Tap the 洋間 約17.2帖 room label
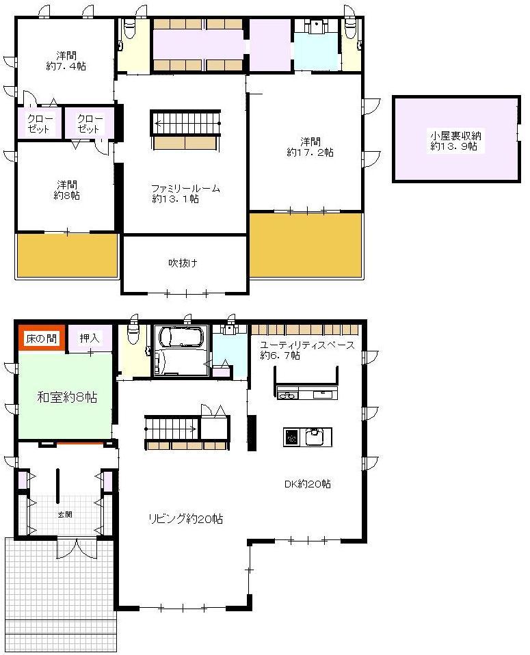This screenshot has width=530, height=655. point(310,147)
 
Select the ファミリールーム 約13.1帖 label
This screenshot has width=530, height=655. point(185,194)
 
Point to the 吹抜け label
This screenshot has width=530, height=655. point(183,263)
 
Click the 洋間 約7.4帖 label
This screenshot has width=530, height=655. point(66,61)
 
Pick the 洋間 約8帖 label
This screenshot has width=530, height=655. point(66,189)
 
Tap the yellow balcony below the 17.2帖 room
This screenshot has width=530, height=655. point(305,245)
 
